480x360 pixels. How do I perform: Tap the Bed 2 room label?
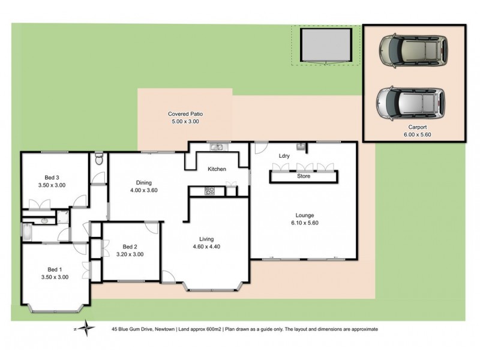130,247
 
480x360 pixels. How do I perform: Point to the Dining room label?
143,183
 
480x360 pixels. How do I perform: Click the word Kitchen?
217,169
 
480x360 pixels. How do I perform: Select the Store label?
304,176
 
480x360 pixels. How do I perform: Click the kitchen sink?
217,147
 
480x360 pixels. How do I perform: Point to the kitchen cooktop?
210,191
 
